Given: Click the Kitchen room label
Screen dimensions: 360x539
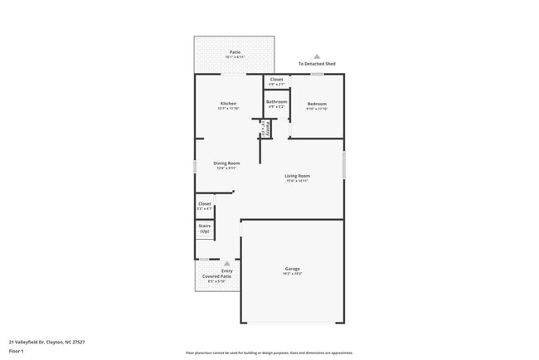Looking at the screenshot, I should [228, 104].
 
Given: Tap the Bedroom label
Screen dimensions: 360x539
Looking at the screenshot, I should [317, 104].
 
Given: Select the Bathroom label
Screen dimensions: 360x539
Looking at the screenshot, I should [276, 102].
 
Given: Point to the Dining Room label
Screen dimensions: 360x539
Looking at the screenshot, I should [226, 163].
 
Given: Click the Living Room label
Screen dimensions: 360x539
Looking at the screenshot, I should [297, 176].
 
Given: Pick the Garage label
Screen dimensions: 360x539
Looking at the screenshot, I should [293, 269].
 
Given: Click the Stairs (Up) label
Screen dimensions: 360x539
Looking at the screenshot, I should [204, 228].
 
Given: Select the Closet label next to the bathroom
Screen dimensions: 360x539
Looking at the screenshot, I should [276, 80].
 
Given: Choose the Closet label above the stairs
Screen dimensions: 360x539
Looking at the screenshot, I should [204, 204].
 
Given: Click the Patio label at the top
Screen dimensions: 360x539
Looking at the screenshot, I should [236, 52].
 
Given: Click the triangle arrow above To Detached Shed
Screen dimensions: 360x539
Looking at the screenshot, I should [317, 56].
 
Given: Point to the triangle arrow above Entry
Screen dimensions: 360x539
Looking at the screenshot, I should [226, 264].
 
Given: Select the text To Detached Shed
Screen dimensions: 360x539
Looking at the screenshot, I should [317, 64].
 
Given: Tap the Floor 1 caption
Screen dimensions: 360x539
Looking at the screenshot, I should [17, 351].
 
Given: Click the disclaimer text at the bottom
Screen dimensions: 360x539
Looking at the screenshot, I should [269, 353].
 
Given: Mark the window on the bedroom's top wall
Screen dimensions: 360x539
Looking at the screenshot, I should [317, 75].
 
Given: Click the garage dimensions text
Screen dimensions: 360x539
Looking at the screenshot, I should [293, 274].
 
